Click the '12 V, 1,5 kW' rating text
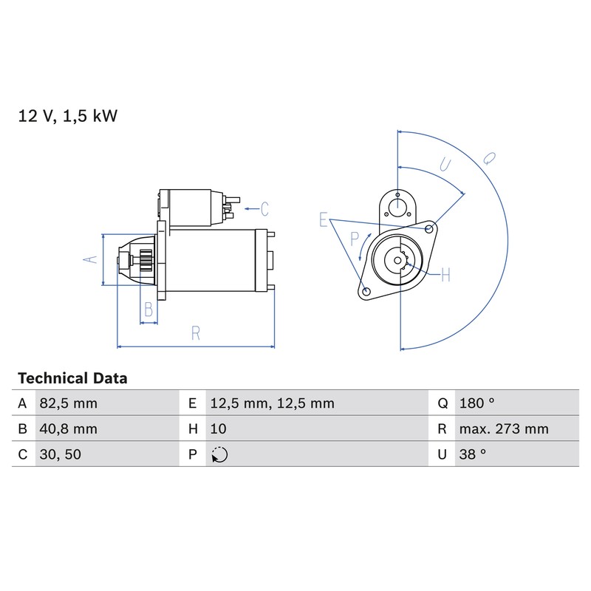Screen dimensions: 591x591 coord(68,116)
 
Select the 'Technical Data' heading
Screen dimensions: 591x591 coord(72,378)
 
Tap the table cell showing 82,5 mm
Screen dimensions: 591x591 coord(68,403)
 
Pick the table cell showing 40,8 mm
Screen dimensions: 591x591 coord(68,429)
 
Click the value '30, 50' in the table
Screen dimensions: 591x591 coord(61,454)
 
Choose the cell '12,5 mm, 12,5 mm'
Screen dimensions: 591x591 coord(272,403)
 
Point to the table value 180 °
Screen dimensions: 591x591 coord(476,403)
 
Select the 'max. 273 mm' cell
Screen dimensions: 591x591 coord(504,429)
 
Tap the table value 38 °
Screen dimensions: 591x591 coord(473,454)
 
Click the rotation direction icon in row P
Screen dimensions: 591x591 coord(219,454)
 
